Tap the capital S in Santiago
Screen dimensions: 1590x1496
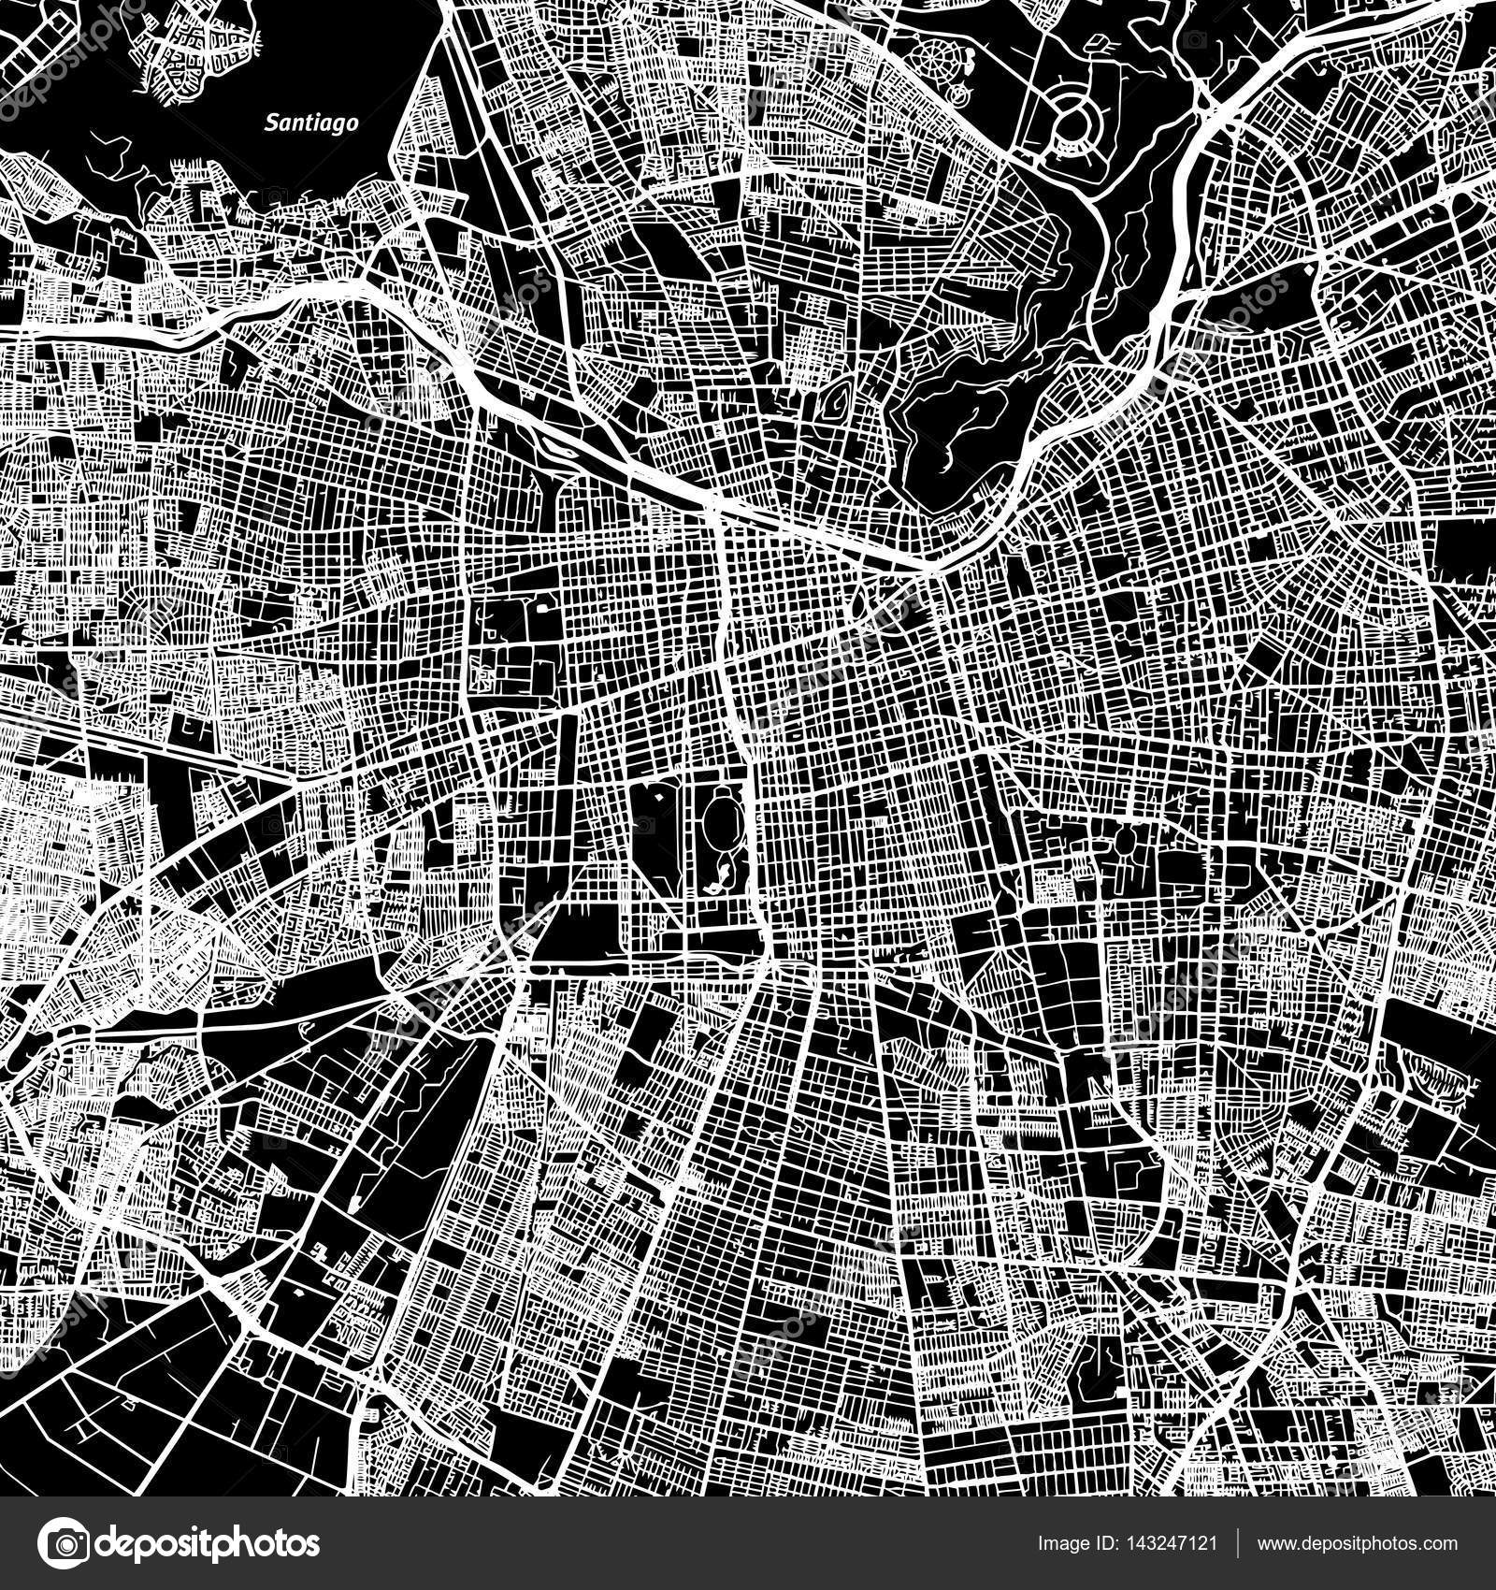coord(271,121)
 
